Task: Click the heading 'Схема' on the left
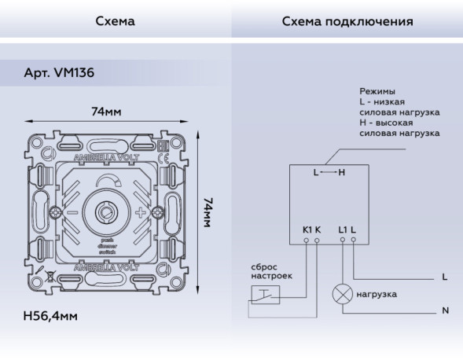coord(115,21)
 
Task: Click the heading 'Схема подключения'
coord(347,21)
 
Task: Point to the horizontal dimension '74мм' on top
coord(106,112)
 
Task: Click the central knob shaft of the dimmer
coord(104,212)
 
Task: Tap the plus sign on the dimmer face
coord(141,213)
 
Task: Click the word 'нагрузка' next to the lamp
coord(377,294)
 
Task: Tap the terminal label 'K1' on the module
coord(307,230)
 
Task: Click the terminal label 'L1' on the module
coord(342,230)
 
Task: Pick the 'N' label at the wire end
coord(445,310)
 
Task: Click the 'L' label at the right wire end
coord(445,277)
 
